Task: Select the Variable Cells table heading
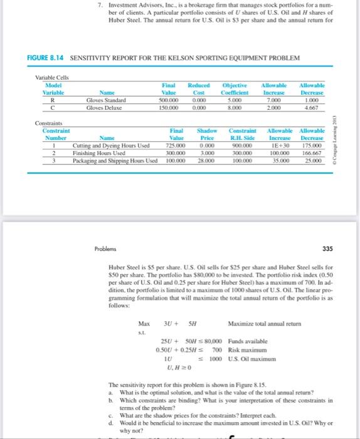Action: (52, 78)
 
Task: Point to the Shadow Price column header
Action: (208, 135)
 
